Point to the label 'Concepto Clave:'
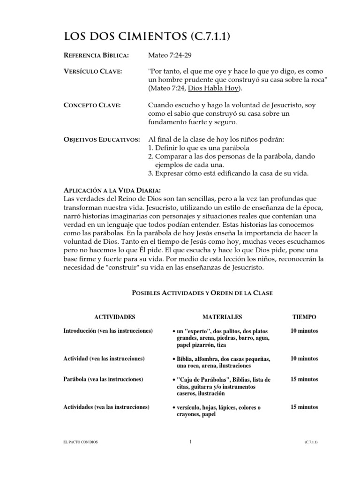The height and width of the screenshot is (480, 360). (92, 105)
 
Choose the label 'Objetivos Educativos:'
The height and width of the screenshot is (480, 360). (101, 140)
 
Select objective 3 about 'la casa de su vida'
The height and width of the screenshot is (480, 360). (228, 174)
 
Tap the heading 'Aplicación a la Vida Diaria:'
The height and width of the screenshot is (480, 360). (112, 190)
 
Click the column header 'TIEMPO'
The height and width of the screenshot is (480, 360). (304, 317)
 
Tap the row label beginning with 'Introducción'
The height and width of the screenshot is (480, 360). (108, 331)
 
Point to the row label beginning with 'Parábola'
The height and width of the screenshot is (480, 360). (103, 379)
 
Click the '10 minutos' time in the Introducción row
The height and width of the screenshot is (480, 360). (304, 331)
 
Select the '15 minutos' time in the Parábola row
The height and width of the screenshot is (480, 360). (304, 379)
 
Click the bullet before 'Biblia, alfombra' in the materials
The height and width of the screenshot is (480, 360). (173, 359)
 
